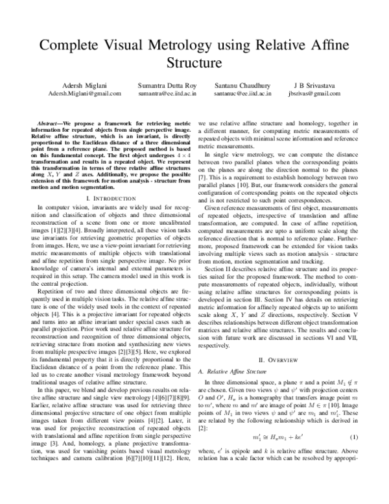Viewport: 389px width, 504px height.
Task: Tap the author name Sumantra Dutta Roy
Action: tap(163, 85)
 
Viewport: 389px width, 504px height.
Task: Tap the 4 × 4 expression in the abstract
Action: tap(180, 156)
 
